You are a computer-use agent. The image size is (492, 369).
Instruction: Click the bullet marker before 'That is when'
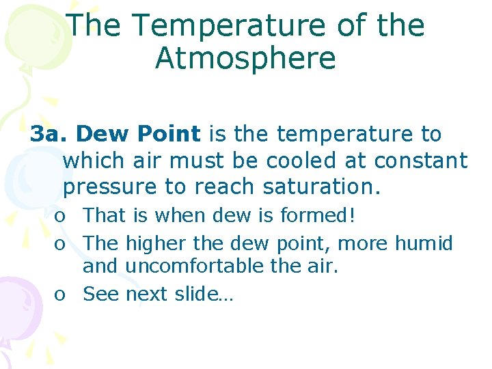pos(61,217)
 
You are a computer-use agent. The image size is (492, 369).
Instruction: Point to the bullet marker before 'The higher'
pos(61,245)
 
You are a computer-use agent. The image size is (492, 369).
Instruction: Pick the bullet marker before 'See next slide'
pos(61,295)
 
